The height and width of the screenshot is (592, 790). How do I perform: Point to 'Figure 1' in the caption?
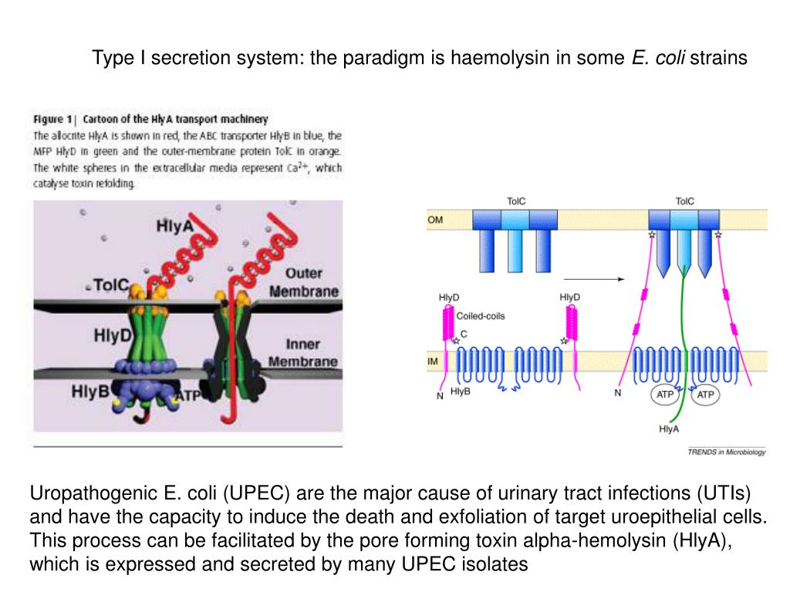[x=52, y=119]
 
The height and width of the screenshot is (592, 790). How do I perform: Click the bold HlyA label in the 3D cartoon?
[x=174, y=227]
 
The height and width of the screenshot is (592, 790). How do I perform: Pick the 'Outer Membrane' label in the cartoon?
[x=304, y=282]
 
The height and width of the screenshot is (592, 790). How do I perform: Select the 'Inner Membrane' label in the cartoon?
[x=302, y=353]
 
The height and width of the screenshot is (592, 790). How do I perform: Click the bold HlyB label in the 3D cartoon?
[x=89, y=391]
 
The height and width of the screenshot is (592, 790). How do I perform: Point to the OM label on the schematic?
[x=435, y=220]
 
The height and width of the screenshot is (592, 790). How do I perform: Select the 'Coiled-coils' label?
[x=481, y=316]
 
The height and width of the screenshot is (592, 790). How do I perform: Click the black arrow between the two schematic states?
[x=594, y=280]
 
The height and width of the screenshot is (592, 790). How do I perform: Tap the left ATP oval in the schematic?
[x=664, y=395]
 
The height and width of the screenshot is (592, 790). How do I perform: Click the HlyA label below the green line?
[x=669, y=429]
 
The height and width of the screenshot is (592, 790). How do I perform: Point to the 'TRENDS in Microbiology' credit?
[x=726, y=452]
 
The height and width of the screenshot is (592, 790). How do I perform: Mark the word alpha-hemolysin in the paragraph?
[x=588, y=540]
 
